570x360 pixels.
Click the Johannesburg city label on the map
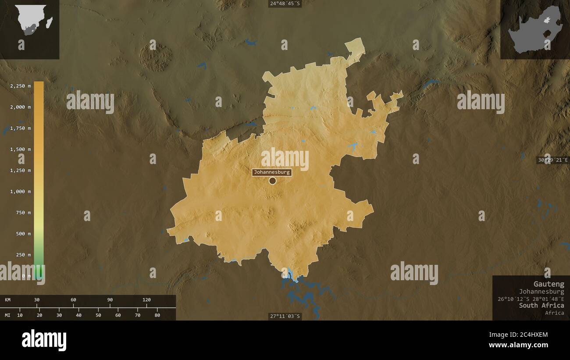tap(271, 172)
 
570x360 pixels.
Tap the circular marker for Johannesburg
tap(272, 181)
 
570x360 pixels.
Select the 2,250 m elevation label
tap(20, 86)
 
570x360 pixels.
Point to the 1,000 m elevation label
tap(20, 192)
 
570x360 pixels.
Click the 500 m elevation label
tap(22, 234)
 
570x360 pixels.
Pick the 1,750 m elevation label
tap(20, 128)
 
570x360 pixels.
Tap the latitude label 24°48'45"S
tap(285, 4)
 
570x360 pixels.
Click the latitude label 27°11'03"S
tap(285, 316)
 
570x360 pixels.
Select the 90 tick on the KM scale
tap(110, 300)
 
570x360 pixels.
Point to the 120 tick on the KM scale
tap(146, 300)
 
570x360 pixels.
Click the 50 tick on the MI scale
tap(98, 315)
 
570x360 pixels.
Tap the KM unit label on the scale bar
tap(8, 300)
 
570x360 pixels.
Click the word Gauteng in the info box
tap(549, 284)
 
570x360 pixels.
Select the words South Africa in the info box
tap(541, 305)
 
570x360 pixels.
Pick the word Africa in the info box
tap(555, 313)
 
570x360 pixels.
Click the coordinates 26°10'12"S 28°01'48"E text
tap(531, 299)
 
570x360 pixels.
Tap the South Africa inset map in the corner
tap(535, 29)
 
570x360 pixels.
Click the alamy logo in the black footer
tap(44, 340)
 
